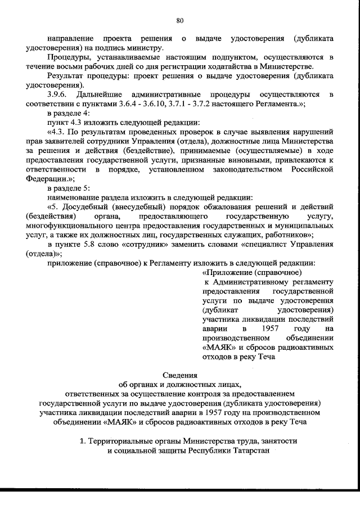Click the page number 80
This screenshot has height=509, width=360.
(x=180, y=21)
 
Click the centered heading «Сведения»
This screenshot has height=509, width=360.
(x=179, y=375)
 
